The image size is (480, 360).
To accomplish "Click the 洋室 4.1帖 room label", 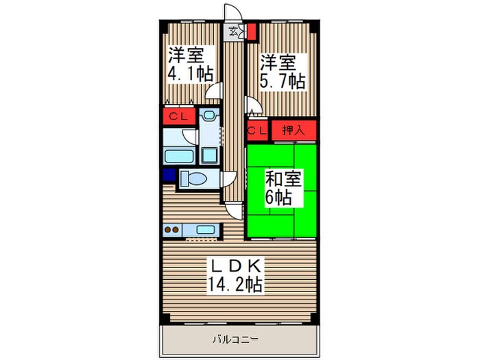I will [189, 64].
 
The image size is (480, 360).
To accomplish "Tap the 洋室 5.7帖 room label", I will [281, 71].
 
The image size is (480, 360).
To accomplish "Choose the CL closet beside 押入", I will [258, 130].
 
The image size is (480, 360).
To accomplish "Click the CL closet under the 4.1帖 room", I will [178, 117].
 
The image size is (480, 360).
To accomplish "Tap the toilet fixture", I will [198, 179].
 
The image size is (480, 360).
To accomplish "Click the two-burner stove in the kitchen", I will [172, 230].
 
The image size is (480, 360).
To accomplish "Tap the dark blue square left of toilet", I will [169, 176].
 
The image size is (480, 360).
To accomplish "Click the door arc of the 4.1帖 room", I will [217, 91].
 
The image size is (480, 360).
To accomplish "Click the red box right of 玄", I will [252, 31].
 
